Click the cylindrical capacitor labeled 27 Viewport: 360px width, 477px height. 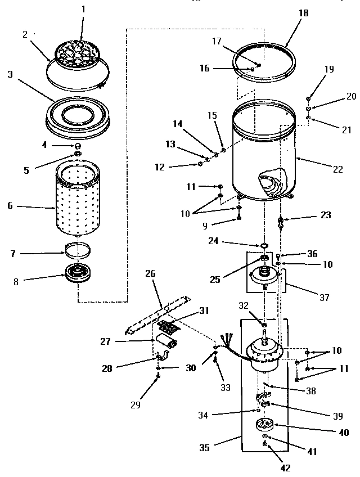[x=166, y=342]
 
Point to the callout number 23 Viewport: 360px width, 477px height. [x=326, y=214]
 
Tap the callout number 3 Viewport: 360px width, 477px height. [x=10, y=74]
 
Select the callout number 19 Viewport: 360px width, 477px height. [x=329, y=69]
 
